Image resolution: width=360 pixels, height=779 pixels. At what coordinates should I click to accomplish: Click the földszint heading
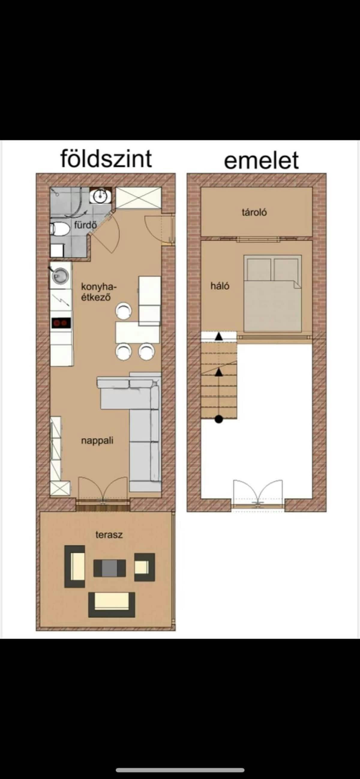coord(106,159)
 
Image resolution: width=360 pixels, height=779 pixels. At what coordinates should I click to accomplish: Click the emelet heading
coord(261,161)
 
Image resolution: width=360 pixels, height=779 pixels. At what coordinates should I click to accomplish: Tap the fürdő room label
coord(85,225)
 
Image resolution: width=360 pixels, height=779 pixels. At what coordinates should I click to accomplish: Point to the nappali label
coord(97,441)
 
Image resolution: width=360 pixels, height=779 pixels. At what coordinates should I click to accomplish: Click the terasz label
coord(109,535)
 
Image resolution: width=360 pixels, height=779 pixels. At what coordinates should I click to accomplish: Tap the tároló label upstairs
coord(254,212)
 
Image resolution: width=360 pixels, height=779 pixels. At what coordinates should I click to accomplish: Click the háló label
coord(220,286)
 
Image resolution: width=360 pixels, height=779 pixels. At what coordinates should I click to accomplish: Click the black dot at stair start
coord(219,419)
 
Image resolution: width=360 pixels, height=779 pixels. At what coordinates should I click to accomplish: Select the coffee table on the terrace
coord(109,568)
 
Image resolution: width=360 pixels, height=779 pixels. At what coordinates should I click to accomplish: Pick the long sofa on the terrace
coord(112,604)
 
